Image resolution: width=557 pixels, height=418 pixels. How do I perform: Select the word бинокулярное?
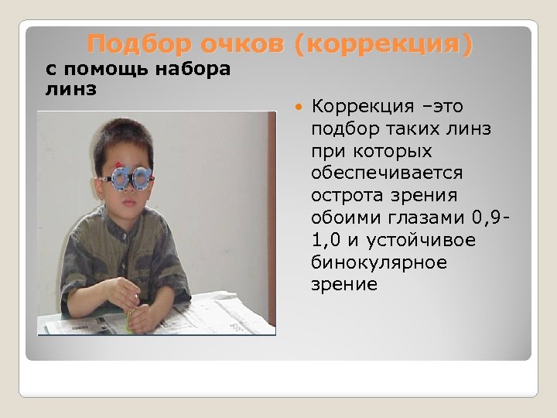pyautogui.click(x=379, y=262)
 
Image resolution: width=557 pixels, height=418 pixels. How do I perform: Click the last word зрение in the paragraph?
pyautogui.click(x=344, y=284)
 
